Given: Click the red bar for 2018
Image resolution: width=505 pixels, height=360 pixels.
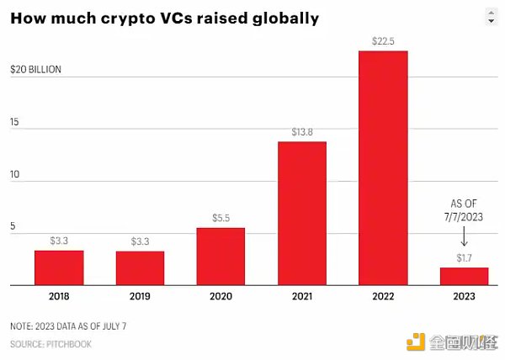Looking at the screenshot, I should tap(58, 267).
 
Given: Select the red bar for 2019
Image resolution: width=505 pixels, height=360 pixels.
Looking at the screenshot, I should tap(140, 268).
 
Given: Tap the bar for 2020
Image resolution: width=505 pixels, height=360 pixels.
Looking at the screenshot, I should tap(221, 257).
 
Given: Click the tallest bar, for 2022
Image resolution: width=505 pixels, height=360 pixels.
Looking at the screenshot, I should tap(383, 167).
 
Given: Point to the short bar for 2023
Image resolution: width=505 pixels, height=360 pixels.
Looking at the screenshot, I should tap(464, 276).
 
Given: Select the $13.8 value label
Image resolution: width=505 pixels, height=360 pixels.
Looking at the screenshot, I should tap(301, 133).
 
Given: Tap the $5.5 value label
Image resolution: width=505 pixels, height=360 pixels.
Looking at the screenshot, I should tap(221, 219).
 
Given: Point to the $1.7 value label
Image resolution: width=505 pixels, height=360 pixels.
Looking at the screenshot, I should tap(464, 258).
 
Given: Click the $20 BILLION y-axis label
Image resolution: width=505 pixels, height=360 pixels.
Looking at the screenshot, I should tap(35, 70).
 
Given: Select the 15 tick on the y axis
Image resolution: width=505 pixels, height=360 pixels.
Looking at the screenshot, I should tap(14, 123).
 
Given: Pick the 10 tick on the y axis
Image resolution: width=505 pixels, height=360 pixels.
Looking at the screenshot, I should tap(14, 177).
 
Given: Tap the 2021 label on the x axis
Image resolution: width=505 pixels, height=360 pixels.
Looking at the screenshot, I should tap(301, 297).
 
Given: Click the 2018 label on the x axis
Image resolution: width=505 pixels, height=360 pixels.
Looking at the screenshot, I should tap(58, 297).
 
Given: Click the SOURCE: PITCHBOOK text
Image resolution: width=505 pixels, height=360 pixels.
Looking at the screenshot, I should tap(50, 344).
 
